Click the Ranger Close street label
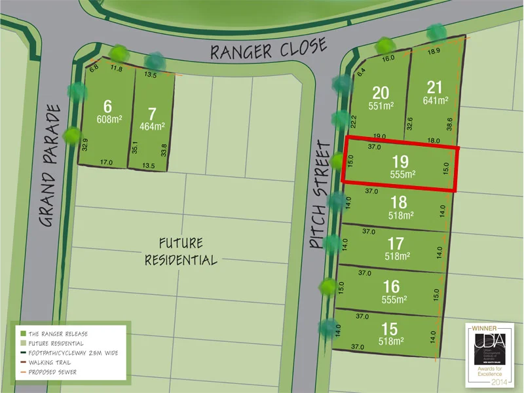[x=268, y=48]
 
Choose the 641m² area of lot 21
[x=436, y=101]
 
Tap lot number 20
[x=381, y=92]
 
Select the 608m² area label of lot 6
[x=108, y=120]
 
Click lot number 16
[x=392, y=286]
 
